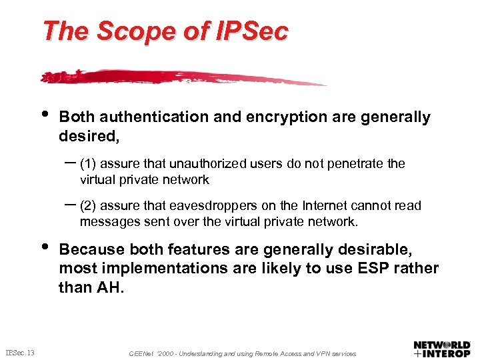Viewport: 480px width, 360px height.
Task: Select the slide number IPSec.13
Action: coord(20,352)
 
